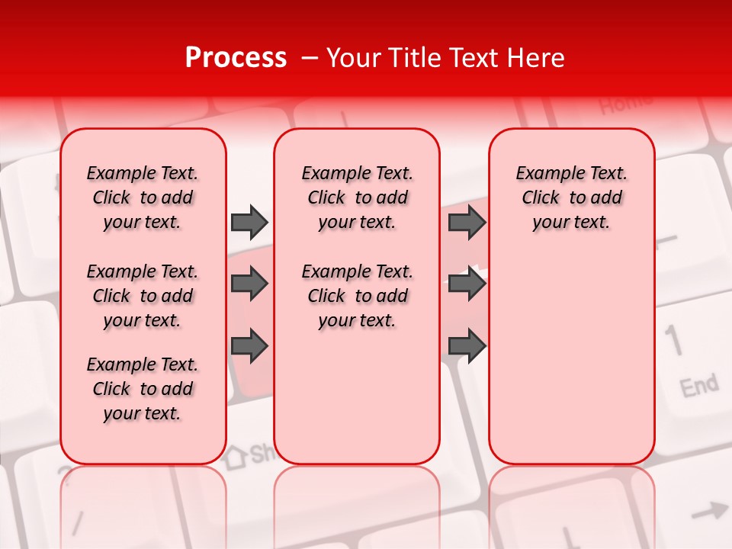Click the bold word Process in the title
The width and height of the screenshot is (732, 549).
pos(236,58)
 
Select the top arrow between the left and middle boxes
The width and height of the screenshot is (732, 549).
pos(249,222)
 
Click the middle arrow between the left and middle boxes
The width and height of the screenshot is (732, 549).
pos(249,284)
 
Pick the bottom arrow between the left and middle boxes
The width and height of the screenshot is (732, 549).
pos(249,345)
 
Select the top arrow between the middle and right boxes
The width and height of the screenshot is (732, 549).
pos(467,222)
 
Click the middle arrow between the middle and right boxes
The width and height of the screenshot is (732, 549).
pos(467,284)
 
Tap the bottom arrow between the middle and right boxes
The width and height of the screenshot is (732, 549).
pos(467,345)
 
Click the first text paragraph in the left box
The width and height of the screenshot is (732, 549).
pos(143,197)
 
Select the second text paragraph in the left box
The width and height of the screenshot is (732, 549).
pos(143,296)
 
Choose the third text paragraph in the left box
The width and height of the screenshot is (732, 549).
pos(143,389)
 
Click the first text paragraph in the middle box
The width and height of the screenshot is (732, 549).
pos(357,197)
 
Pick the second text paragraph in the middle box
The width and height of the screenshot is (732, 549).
pos(357,296)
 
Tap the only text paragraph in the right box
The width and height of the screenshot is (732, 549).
pos(571,197)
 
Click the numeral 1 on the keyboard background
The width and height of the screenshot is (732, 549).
pos(673,339)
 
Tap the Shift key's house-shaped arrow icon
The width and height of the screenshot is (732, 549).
pos(235,456)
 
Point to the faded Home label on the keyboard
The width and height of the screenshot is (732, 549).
pos(625,103)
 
